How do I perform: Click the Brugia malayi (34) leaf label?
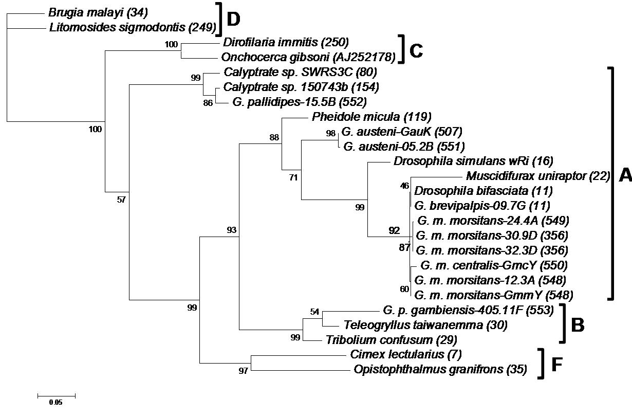pos(98,13)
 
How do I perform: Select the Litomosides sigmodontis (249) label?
pos(133,28)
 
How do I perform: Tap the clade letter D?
pos(233,20)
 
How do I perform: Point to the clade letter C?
pos(416,51)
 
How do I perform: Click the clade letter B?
pos(578,325)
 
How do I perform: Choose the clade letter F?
pos(557,365)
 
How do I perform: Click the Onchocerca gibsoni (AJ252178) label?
pos(308,58)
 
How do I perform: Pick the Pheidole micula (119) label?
pos(371,117)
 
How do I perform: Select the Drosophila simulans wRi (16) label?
pos(473,161)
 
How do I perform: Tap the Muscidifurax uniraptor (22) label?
pos(538,176)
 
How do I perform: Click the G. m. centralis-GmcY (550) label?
pos(494,265)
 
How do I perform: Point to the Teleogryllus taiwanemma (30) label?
pos(425,325)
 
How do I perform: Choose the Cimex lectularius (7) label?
pos(406,354)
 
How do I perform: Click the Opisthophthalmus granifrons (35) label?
pos(440,369)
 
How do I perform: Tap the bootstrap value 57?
pos(121,200)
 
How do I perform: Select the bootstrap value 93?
pos(232,230)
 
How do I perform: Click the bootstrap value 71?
pos(293,177)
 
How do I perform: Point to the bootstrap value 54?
pos(314,312)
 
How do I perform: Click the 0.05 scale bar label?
pos(55,402)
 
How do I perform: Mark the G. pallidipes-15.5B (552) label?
pos(300,102)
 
